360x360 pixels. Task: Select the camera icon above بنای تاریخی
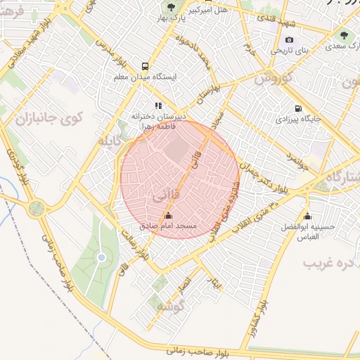[x=290, y=40]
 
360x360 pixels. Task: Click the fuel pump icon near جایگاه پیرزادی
[x=300, y=108]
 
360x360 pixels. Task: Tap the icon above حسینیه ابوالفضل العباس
[x=307, y=216]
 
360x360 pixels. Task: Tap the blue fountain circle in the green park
[x=101, y=258]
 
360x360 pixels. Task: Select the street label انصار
[x=184, y=285]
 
